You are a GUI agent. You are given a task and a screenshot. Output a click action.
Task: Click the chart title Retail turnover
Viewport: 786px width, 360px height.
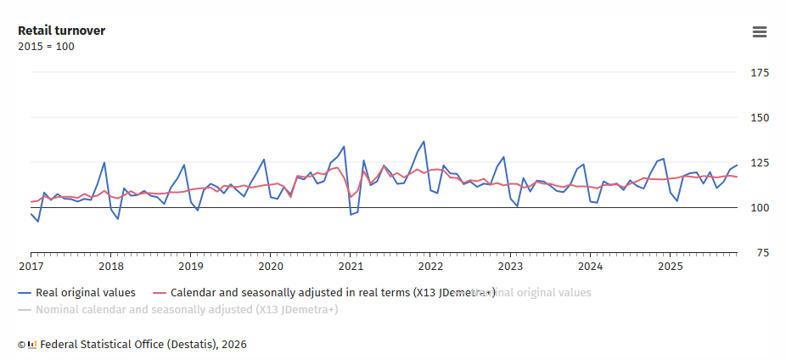[x=61, y=31]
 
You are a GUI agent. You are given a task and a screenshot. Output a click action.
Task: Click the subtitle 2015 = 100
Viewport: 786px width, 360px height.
[x=46, y=47]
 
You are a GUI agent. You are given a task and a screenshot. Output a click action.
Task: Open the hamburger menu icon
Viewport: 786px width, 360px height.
[x=760, y=32]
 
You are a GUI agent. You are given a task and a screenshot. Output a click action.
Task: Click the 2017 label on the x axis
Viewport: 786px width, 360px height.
[x=31, y=266]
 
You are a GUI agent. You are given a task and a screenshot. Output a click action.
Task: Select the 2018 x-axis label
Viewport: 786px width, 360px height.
[x=110, y=266]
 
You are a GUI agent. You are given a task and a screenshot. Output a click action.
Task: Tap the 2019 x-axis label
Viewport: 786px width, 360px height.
[x=190, y=266]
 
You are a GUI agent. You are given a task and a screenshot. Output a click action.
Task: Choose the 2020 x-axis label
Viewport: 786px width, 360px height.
[x=271, y=266]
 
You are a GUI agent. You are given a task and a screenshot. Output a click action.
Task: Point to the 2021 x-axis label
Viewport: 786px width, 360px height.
[x=351, y=266]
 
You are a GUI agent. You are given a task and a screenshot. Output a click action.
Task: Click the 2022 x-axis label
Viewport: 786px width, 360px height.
[x=430, y=266]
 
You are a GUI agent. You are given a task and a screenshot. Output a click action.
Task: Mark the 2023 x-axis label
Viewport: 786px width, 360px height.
[x=510, y=266]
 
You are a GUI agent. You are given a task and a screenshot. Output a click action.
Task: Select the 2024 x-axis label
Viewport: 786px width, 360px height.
[x=591, y=266]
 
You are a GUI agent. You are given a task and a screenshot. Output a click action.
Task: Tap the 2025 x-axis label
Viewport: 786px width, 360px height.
[x=671, y=266]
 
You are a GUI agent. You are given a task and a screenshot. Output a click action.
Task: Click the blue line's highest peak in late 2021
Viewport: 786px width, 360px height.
[x=424, y=142]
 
